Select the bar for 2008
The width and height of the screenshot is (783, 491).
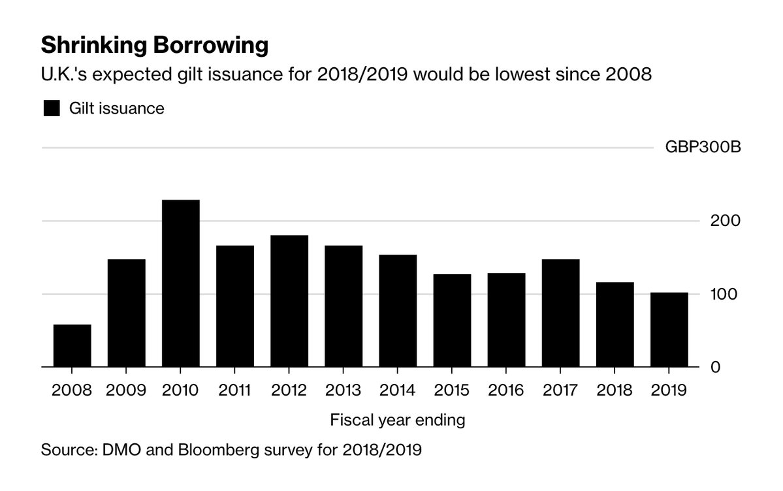tap(72, 346)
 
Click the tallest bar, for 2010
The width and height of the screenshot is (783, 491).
tap(181, 284)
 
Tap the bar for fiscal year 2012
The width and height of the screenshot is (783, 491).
tap(289, 302)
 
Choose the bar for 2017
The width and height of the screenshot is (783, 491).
tap(560, 313)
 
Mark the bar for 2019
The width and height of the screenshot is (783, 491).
tap(669, 330)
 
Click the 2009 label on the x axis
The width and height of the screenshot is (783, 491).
tap(126, 390)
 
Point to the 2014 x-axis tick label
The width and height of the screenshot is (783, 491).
tap(398, 390)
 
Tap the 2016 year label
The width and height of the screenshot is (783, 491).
tap(506, 390)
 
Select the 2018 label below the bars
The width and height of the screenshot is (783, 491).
tap(615, 390)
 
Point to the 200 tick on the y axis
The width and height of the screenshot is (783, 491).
tap(724, 221)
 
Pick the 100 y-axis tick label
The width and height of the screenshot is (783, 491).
tap(724, 294)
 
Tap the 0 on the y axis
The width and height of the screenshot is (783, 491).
tap(732, 367)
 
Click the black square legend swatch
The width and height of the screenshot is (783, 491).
tap(51, 108)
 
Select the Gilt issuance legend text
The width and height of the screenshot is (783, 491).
tap(117, 108)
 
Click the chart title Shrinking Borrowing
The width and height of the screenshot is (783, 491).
tap(154, 46)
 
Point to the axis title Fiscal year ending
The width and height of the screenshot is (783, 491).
tap(398, 420)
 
